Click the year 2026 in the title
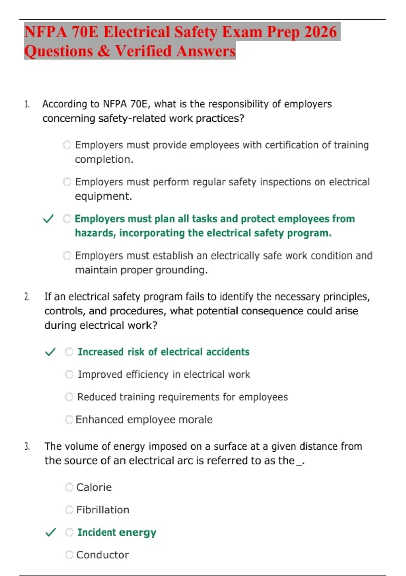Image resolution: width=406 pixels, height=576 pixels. pyautogui.click(x=320, y=32)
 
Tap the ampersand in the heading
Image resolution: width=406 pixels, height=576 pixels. pyautogui.click(x=104, y=52)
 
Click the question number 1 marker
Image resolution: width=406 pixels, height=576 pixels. pyautogui.click(x=27, y=104)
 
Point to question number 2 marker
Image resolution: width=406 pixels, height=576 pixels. pyautogui.click(x=27, y=297)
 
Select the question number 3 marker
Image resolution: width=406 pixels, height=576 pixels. pyautogui.click(x=27, y=446)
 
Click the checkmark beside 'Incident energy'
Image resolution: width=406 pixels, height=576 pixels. pyautogui.click(x=50, y=532)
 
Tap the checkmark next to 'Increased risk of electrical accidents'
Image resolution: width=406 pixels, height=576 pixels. pyautogui.click(x=50, y=352)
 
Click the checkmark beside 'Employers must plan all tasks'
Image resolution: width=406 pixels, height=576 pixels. pyautogui.click(x=49, y=219)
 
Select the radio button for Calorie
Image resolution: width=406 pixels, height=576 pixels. pyautogui.click(x=69, y=487)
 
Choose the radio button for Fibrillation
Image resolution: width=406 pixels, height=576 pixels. pyautogui.click(x=69, y=510)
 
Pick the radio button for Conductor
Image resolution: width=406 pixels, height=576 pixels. pyautogui.click(x=69, y=555)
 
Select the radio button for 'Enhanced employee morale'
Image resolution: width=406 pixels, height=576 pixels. pyautogui.click(x=69, y=419)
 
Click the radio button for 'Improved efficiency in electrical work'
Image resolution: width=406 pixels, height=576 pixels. pyautogui.click(x=69, y=374)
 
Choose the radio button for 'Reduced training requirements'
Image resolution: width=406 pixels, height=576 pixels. pyautogui.click(x=69, y=397)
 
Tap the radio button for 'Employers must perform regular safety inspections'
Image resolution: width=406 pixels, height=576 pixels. pyautogui.click(x=67, y=182)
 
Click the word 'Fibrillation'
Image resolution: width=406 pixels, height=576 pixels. pyautogui.click(x=103, y=510)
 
